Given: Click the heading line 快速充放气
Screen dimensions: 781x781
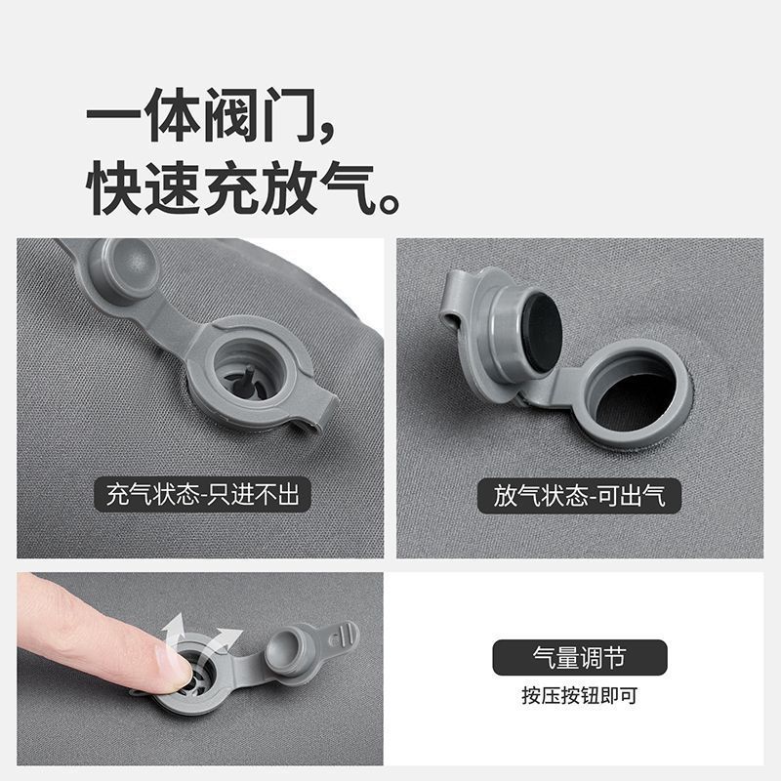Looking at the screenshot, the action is (230, 188).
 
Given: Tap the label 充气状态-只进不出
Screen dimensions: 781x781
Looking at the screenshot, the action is (203, 495).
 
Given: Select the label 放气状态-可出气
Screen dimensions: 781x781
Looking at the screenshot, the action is (579, 496).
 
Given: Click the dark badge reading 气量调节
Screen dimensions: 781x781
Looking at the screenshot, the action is (580, 657).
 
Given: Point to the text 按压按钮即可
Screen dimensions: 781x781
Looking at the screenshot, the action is (580, 695).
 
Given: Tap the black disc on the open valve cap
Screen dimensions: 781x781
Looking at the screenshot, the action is (542, 332).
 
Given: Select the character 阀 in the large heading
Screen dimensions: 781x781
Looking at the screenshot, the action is (230, 115).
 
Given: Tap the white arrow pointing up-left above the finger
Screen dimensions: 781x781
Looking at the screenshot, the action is (175, 629).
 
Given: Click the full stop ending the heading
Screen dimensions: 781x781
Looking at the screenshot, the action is (389, 203).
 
